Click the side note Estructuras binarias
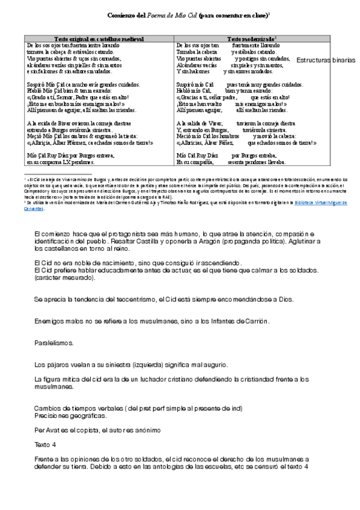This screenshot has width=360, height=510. click(325, 61)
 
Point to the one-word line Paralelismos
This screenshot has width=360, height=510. click(54, 342)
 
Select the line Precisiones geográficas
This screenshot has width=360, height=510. click(71, 416)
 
